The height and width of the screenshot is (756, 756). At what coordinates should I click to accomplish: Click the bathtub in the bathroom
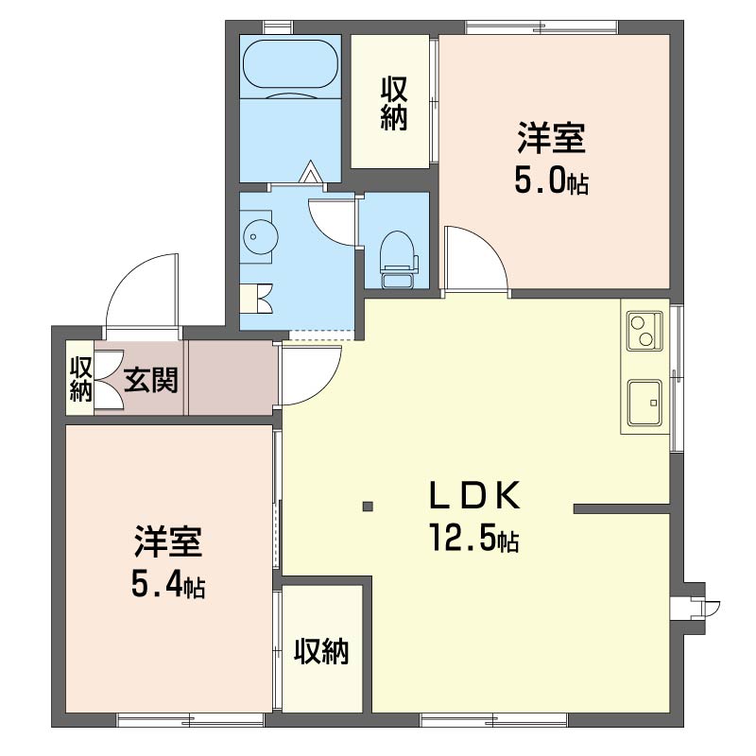coord(290,64)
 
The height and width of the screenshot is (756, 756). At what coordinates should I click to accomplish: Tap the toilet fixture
coord(399,259)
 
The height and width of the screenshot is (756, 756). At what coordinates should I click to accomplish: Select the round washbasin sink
coord(261,237)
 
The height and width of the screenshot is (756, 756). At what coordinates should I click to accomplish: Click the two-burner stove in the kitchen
coord(644,331)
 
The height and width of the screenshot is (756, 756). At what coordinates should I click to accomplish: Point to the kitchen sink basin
coord(644,403)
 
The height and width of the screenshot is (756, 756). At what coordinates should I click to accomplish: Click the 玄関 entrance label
coord(151,380)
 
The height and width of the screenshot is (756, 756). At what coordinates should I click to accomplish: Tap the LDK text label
coord(475,495)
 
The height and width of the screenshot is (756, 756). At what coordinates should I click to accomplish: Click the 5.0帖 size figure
coord(551,181)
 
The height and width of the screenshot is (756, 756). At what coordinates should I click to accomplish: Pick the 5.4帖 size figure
coord(168,586)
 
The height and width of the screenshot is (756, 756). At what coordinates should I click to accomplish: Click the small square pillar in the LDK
coord(369,507)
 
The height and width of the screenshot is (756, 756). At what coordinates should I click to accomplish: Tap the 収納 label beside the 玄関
coord(80,379)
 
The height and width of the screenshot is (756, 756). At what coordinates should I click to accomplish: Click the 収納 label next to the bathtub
coord(394,103)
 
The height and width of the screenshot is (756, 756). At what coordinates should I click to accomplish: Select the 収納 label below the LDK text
coord(321,651)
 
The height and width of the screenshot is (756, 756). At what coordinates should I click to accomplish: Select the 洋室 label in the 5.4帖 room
coord(168,542)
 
